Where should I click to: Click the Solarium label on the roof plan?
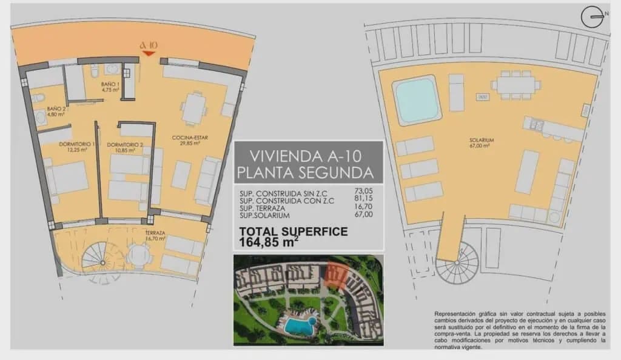(x=481, y=142)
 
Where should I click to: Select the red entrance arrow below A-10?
(x=147, y=54)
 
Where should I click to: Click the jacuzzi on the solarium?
(x=417, y=96)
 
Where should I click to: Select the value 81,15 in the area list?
(x=362, y=200)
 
